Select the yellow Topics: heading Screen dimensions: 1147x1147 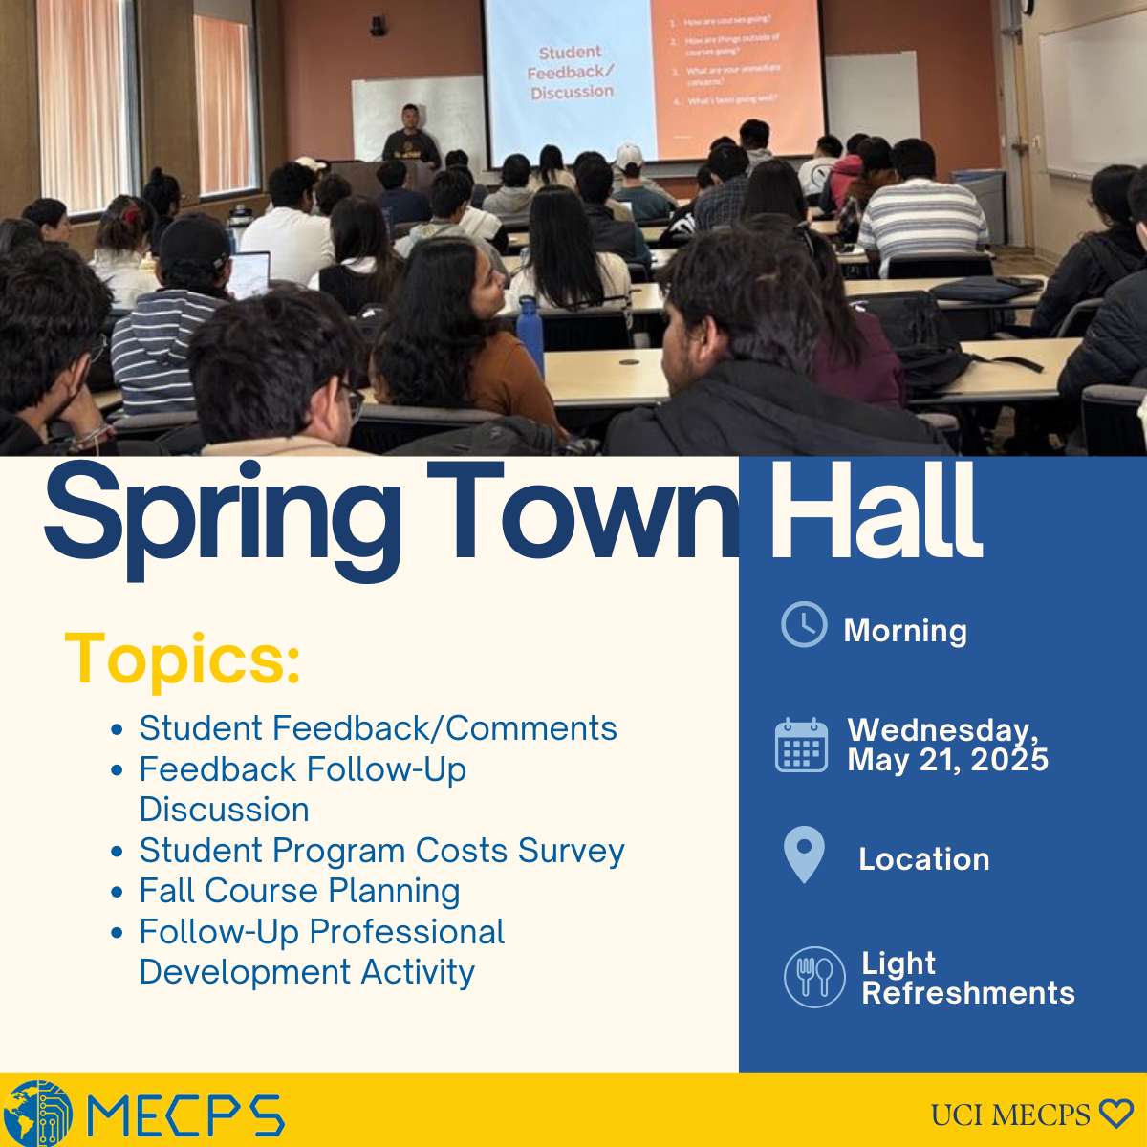tap(183, 659)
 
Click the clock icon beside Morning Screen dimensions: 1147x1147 tap(804, 625)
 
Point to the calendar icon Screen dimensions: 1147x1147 tap(801, 745)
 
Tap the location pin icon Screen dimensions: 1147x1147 tap(804, 854)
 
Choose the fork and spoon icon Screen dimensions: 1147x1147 tap(814, 977)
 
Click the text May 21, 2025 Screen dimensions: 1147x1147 tap(947, 760)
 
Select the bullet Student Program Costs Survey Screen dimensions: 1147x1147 tap(381, 850)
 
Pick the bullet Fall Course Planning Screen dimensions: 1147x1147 tap(299, 891)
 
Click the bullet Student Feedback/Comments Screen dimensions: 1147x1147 tap(378, 728)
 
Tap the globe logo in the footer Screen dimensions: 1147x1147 tap(36, 1114)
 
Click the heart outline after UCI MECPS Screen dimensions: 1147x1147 tap(1115, 1114)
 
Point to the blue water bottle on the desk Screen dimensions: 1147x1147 tap(530, 335)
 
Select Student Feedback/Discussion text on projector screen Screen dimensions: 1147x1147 tap(571, 72)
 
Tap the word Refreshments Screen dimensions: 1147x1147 tap(967, 993)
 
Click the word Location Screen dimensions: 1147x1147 tap(923, 858)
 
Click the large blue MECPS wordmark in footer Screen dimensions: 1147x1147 tap(185, 1115)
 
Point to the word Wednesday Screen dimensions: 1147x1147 tap(941, 729)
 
